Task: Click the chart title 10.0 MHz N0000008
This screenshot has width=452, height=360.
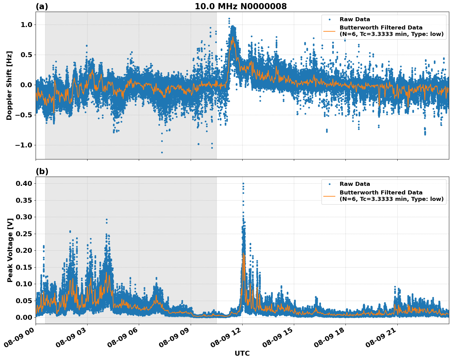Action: (241, 6)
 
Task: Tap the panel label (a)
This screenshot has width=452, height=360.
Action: (42, 6)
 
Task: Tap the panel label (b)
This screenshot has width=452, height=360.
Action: (42, 171)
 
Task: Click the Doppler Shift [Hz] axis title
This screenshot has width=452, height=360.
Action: (9, 85)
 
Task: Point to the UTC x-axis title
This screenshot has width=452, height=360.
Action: (242, 353)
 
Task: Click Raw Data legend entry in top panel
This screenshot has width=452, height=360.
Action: (354, 19)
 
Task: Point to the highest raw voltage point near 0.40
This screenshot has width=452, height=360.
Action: (243, 184)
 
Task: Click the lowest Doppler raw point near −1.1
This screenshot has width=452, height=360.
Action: (162, 152)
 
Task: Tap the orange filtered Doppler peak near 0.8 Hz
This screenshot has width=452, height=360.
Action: (233, 37)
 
